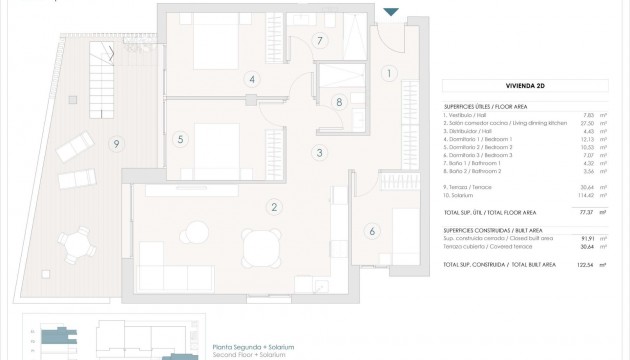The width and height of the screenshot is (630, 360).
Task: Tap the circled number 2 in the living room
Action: [271, 208]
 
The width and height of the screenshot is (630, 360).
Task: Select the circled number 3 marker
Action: [318, 153]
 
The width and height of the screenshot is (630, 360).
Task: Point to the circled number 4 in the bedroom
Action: [253, 79]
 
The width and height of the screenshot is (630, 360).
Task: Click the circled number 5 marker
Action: [180, 139]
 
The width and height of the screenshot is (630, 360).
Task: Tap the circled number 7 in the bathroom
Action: [319, 41]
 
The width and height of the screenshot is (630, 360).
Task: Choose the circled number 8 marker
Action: [339, 101]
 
